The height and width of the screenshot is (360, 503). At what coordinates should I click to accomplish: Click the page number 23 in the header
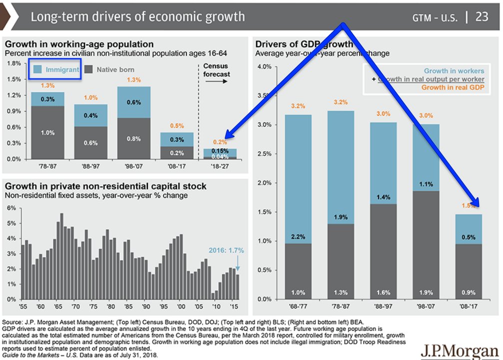pyautogui.click(x=482, y=16)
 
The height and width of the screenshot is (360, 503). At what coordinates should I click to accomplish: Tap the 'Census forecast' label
pyautogui.click(x=216, y=70)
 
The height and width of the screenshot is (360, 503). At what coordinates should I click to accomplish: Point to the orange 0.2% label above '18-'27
pyautogui.click(x=216, y=142)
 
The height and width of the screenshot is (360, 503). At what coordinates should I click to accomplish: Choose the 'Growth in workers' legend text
pyautogui.click(x=454, y=71)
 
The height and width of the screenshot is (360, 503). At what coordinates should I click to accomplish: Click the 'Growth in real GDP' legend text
pyautogui.click(x=453, y=87)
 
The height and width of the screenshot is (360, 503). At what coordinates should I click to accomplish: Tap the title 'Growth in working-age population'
pyautogui.click(x=79, y=45)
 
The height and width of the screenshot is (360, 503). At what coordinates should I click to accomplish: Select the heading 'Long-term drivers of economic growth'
pyautogui.click(x=138, y=16)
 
